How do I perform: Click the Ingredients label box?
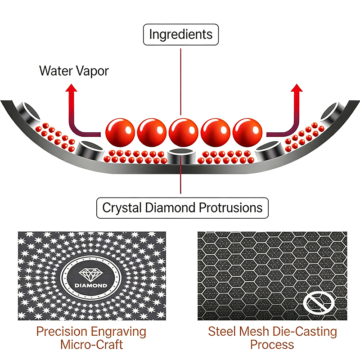tap(180, 34)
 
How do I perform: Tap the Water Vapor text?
tap(74, 71)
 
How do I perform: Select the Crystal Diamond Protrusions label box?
tap(182, 208)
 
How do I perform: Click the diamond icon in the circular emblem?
tap(91, 274)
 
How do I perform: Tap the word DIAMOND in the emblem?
tap(91, 286)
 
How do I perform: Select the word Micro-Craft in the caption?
tap(91, 345)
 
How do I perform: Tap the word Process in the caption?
tap(272, 345)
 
